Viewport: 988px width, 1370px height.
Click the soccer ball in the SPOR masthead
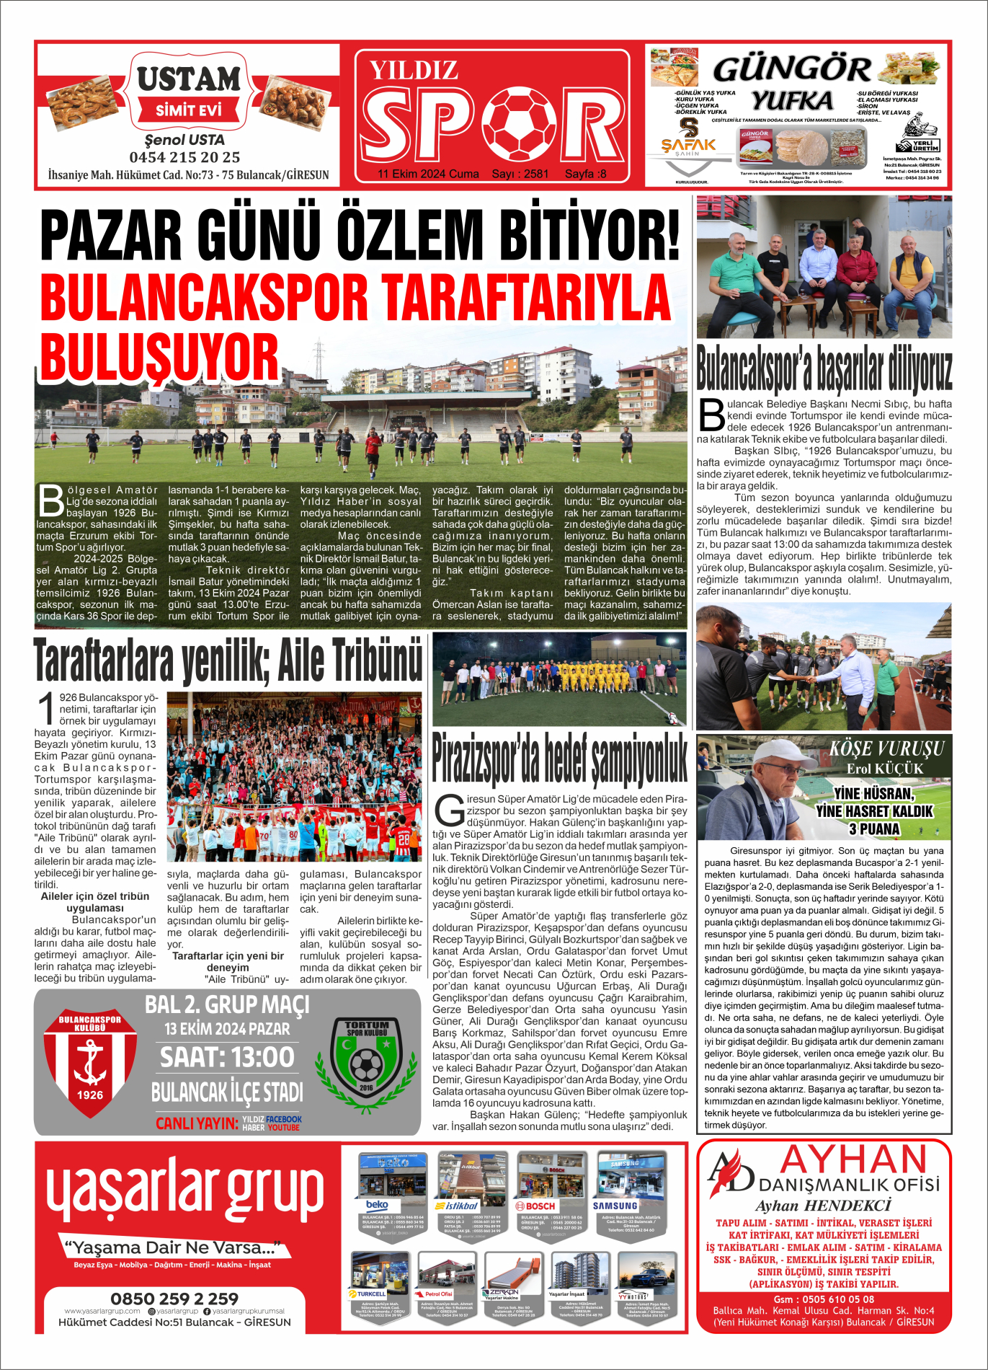pos(518,124)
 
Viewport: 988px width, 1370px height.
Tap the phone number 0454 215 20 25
pos(184,157)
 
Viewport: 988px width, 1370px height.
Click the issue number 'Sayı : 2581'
pos(520,174)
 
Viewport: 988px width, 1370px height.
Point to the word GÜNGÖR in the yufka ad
pos(791,70)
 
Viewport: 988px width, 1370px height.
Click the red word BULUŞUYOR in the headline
pos(159,357)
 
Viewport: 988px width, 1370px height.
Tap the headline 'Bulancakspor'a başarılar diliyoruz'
pos(824,369)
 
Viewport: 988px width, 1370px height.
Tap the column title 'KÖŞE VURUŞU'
pos(886,748)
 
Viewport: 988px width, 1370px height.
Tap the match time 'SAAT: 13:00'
pos(227,1057)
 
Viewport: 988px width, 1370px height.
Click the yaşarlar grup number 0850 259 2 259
pos(174,1299)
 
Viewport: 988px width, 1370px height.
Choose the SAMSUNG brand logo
pos(615,1206)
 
